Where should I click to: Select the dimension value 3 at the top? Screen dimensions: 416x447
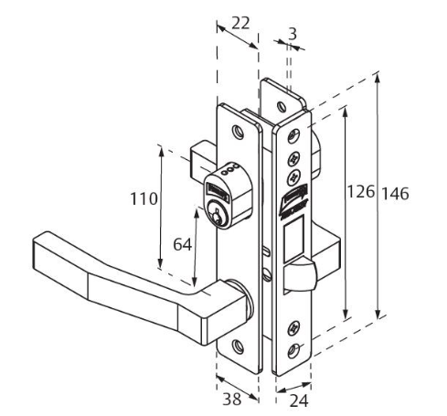[x=291, y=34]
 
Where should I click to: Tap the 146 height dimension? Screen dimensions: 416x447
[x=396, y=194]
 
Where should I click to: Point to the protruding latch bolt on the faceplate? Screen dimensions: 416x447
[x=303, y=272]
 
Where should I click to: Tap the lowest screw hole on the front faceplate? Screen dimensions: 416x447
[x=294, y=350]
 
